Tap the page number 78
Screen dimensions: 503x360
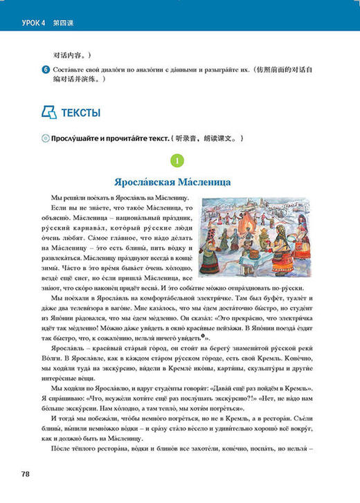coord(26,473)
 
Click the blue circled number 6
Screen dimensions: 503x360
coord(45,69)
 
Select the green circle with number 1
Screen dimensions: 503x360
coord(179,163)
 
